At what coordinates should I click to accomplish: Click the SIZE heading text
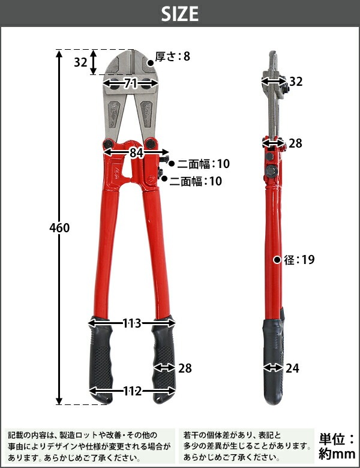[x=180, y=14]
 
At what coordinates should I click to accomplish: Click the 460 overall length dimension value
[x=59, y=228]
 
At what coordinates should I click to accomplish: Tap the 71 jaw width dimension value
[x=130, y=83]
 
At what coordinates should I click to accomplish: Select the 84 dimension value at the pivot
[x=136, y=153]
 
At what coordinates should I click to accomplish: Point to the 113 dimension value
[x=131, y=323]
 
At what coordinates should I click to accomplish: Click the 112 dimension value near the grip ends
[x=132, y=391]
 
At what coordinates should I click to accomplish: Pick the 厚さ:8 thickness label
[x=173, y=56]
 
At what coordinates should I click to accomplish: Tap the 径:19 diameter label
[x=299, y=260]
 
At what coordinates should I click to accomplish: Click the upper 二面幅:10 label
[x=203, y=164]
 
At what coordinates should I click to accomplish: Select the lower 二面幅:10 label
[x=196, y=181]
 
